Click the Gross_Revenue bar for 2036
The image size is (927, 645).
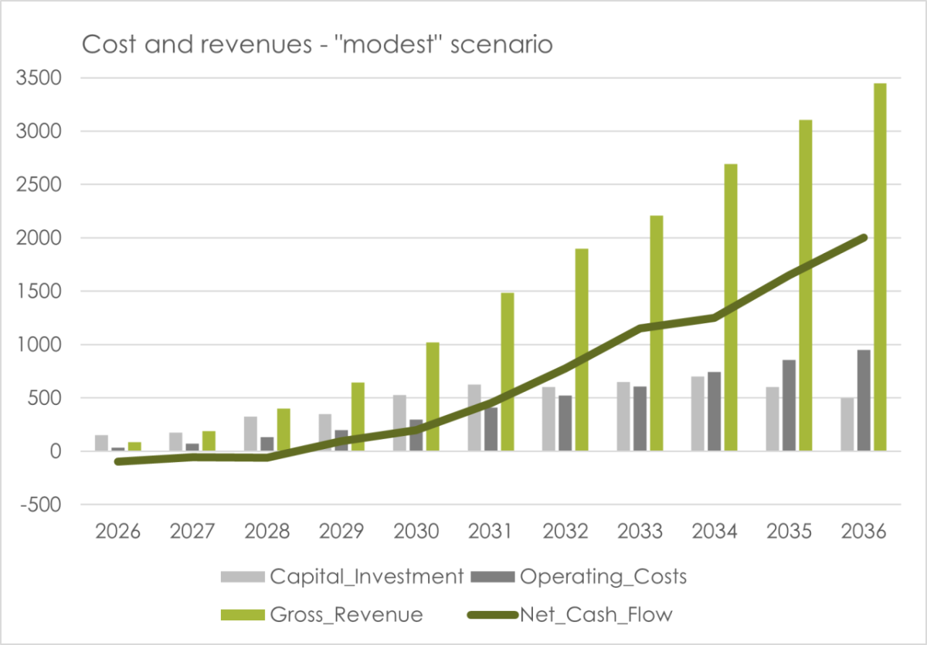(880, 267)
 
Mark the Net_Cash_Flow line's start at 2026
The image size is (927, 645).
(117, 461)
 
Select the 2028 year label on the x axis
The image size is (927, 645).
(267, 532)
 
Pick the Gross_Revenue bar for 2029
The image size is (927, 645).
(358, 417)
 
